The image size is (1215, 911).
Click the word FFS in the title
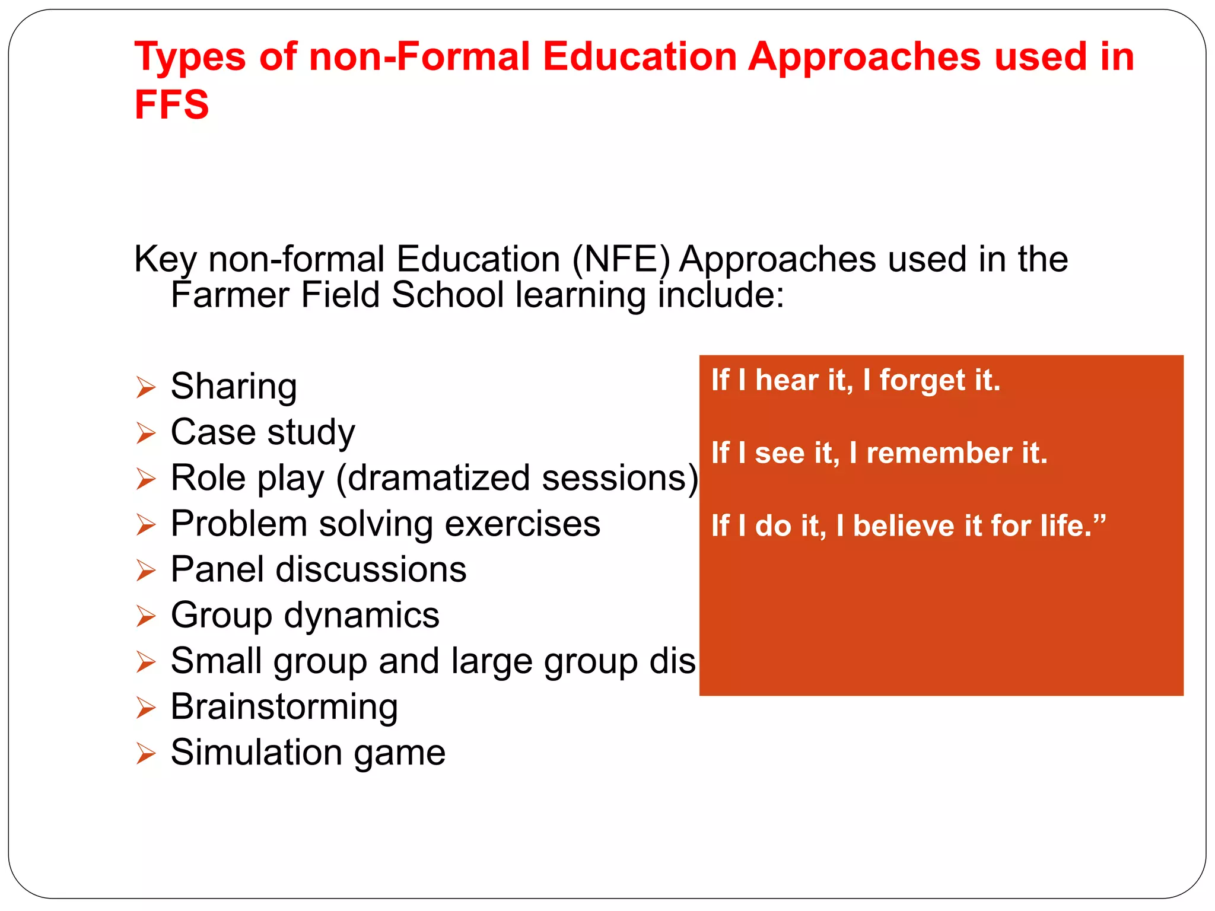[171, 104]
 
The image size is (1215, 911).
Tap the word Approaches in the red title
[864, 57]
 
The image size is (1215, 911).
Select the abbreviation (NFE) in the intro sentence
[621, 260]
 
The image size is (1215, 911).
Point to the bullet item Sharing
[234, 387]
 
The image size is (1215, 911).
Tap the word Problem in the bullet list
[238, 524]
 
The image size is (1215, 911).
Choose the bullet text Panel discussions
[319, 570]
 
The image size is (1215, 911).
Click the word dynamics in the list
[361, 615]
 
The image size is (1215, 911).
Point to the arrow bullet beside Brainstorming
[145, 708]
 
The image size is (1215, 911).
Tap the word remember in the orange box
[939, 454]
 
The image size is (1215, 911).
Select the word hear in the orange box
[787, 380]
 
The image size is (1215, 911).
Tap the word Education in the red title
[640, 57]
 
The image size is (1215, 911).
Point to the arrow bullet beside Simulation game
[145, 753]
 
